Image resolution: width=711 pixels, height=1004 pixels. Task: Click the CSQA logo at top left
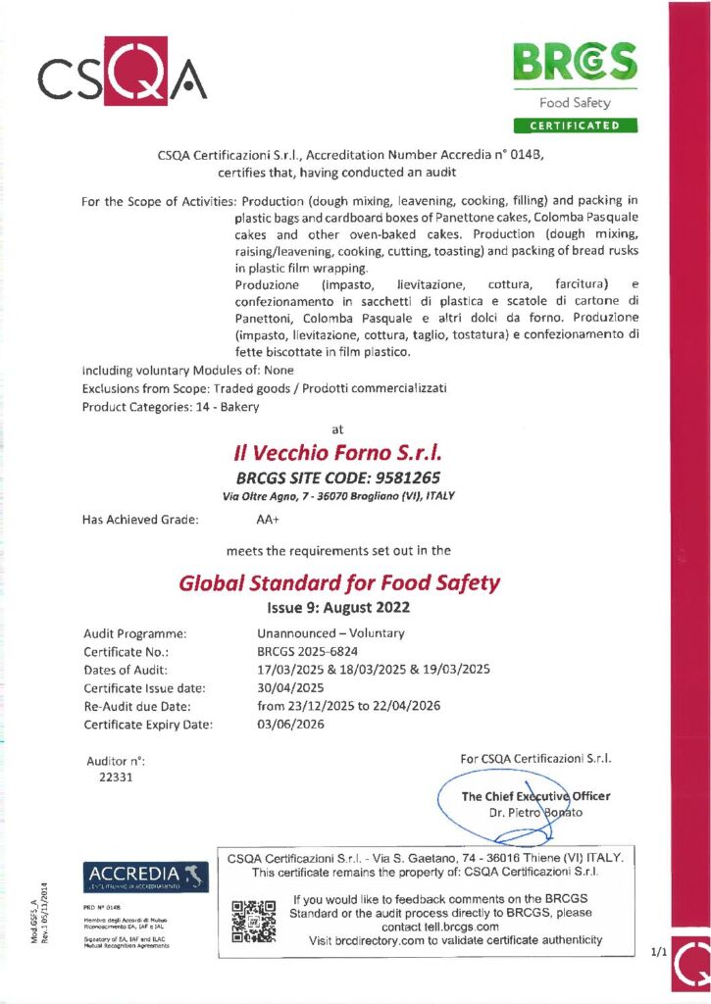[122, 70]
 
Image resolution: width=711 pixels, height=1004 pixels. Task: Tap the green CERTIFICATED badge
[575, 125]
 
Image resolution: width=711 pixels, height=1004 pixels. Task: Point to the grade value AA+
[268, 520]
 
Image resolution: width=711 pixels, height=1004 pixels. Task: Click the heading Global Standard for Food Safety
[339, 583]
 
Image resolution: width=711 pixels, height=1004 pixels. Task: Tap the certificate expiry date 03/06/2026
[290, 725]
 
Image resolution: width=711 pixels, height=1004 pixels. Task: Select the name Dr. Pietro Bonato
[534, 813]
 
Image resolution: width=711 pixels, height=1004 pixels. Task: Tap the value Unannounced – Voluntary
[330, 633]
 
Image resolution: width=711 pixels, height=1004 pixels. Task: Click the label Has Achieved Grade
[141, 520]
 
